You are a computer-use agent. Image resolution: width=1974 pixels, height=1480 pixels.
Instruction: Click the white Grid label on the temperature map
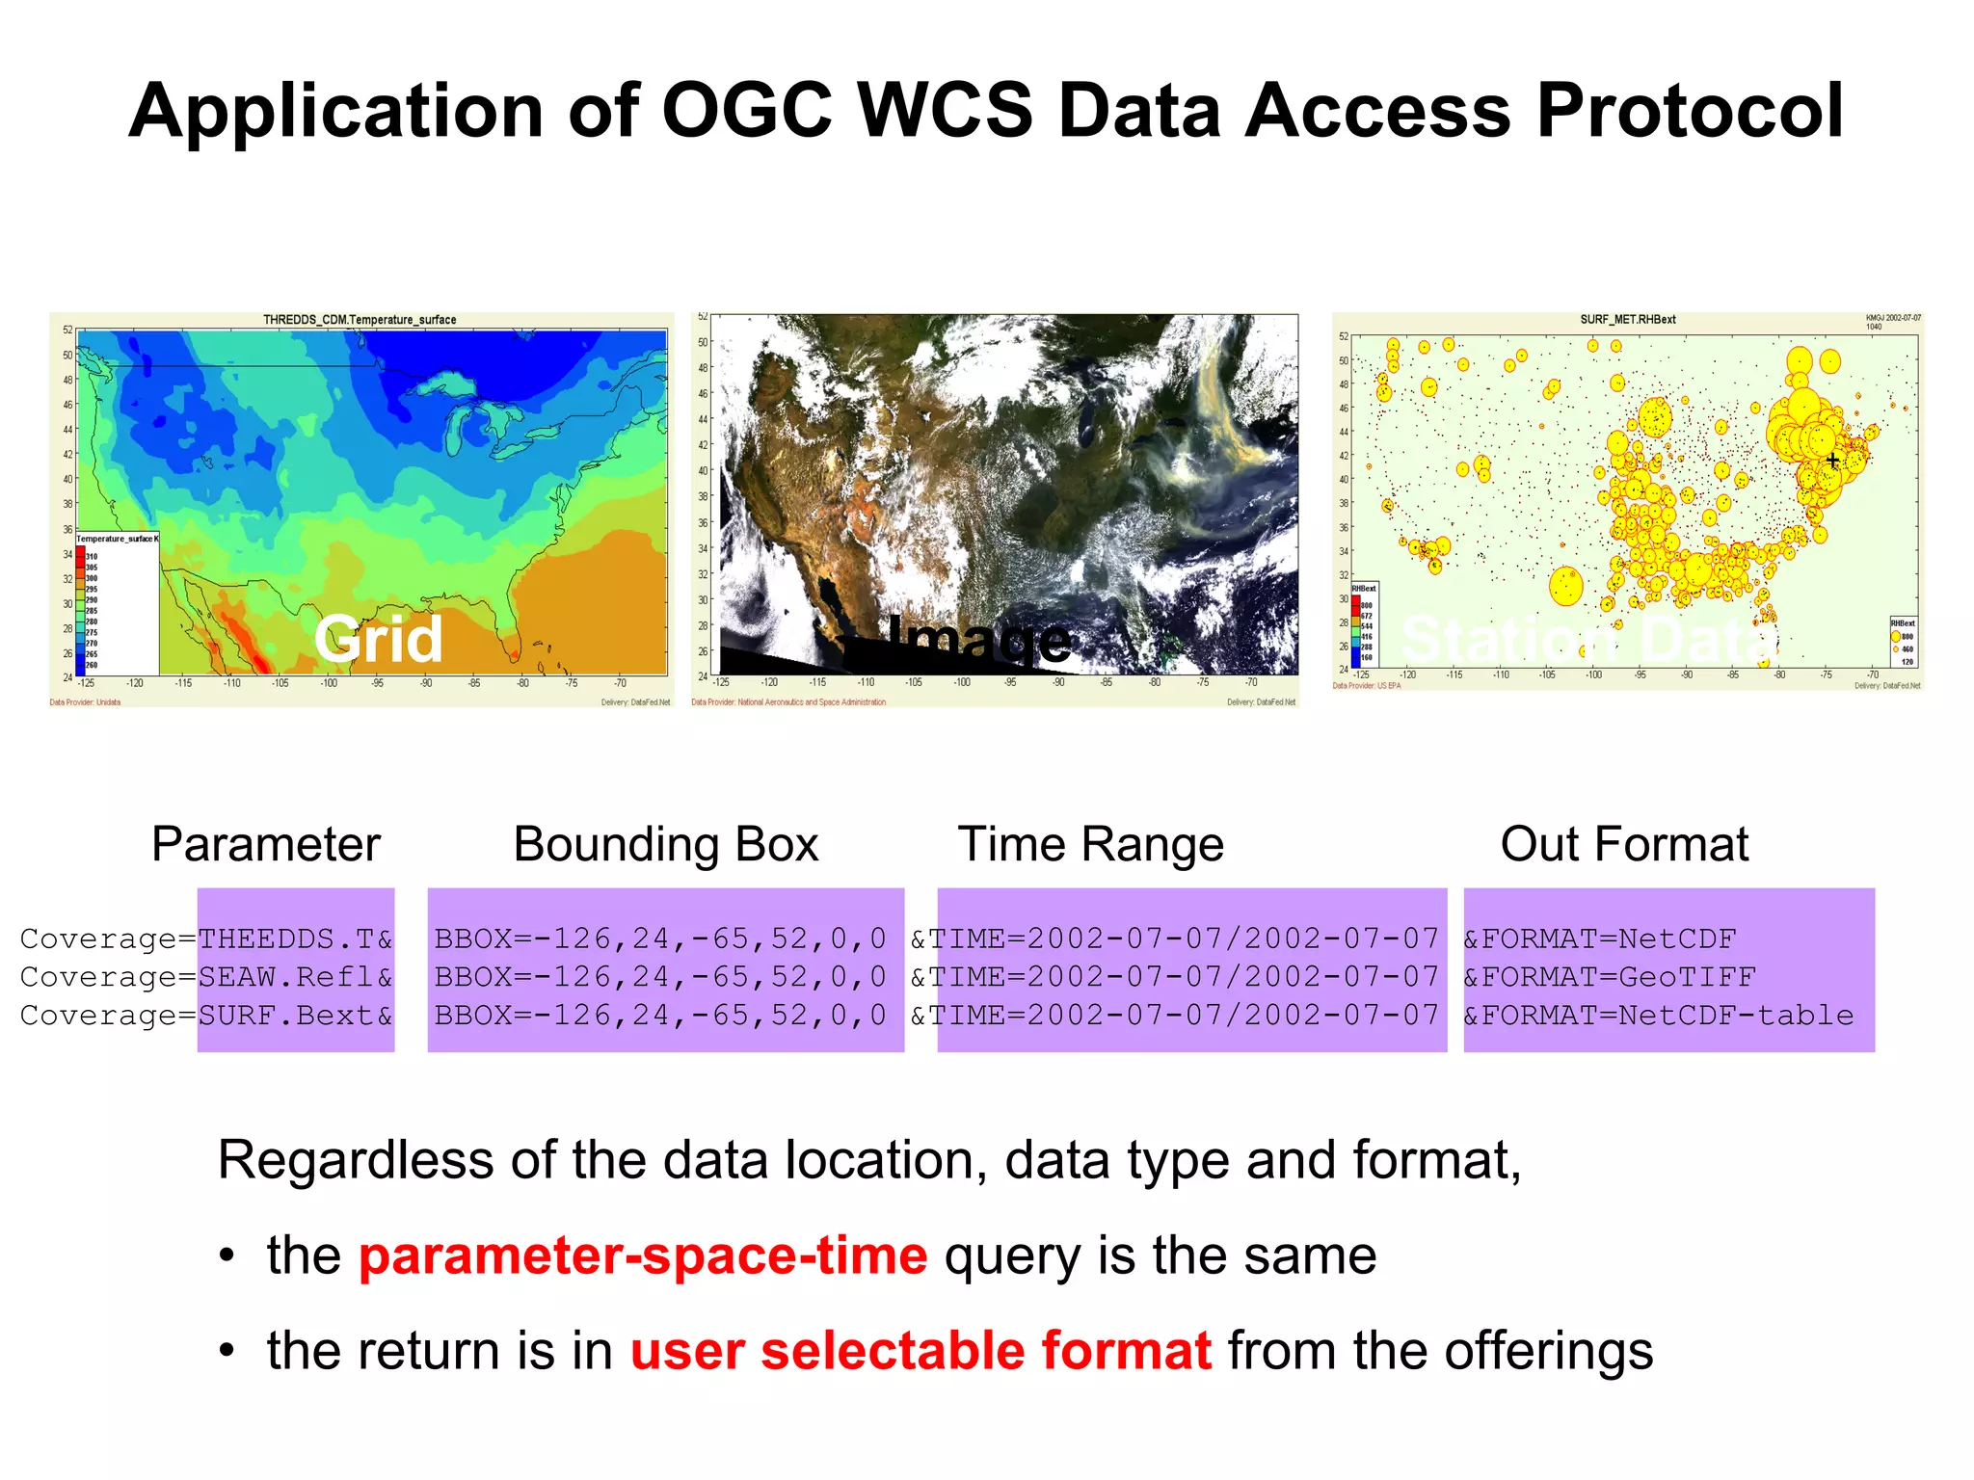[378, 639]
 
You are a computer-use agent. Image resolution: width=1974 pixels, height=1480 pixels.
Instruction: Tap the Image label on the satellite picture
[977, 639]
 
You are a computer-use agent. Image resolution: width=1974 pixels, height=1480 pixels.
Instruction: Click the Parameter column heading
[266, 844]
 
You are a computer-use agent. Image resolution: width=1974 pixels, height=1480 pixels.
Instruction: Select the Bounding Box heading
[665, 844]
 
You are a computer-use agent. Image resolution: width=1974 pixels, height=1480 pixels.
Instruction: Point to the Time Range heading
[1090, 844]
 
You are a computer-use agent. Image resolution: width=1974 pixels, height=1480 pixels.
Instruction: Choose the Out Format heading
[1624, 844]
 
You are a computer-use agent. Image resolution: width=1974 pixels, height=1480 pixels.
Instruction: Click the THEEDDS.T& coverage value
[295, 938]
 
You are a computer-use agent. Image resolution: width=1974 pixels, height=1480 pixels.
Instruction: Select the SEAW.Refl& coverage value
[295, 977]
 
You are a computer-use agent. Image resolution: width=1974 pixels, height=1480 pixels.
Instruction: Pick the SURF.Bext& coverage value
[295, 1016]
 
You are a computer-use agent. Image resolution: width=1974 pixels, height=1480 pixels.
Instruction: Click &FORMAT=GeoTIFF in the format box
[1609, 977]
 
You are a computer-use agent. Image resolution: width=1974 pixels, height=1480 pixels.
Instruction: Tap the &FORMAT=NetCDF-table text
[1658, 1016]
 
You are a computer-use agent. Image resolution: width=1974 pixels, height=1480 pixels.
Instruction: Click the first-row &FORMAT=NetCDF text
[1599, 938]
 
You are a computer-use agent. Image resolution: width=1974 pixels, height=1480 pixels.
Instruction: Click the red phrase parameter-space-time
[643, 1255]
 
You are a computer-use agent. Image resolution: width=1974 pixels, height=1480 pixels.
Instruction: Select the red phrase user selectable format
[920, 1351]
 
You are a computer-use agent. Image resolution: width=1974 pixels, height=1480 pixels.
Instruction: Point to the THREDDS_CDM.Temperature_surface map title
[360, 320]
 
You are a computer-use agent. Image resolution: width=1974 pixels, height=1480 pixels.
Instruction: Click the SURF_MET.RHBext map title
[1627, 320]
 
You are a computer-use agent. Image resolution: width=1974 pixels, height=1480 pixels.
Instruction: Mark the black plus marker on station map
[1832, 461]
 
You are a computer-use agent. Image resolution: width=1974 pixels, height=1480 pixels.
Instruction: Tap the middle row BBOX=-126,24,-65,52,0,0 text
[660, 977]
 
